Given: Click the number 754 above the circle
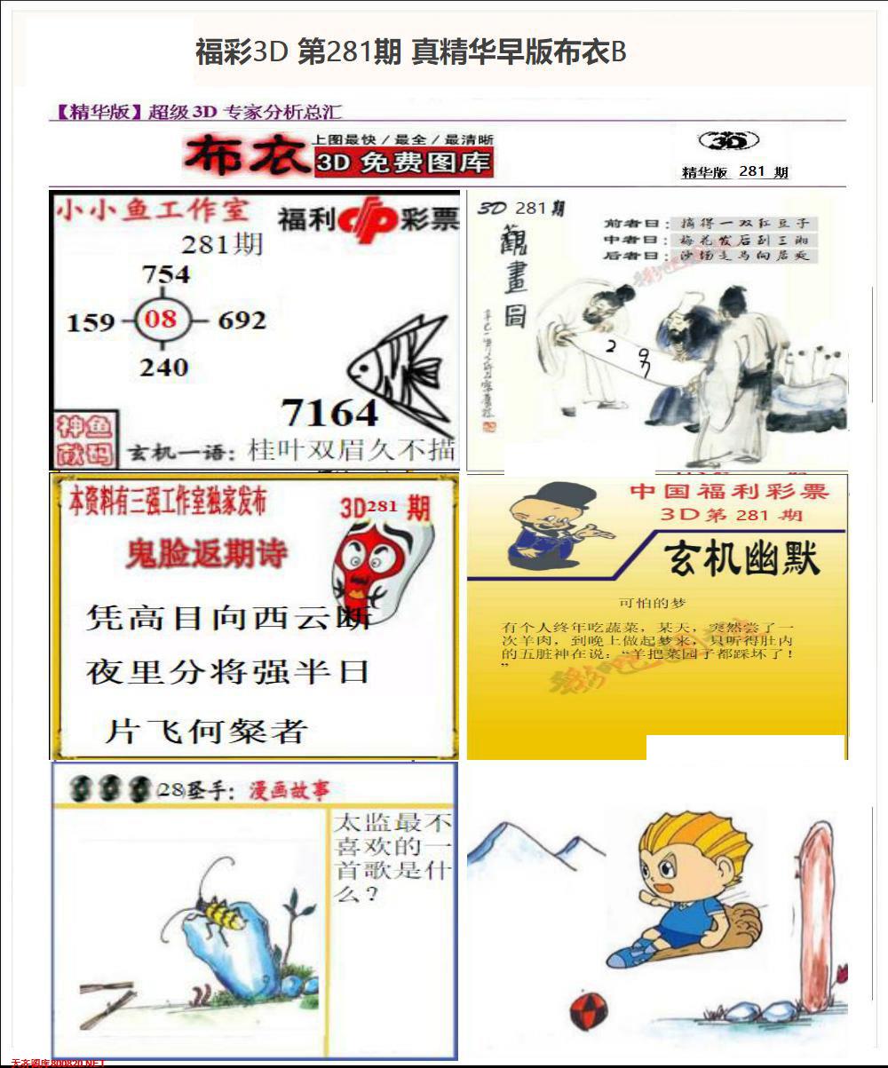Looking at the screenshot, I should [166, 274].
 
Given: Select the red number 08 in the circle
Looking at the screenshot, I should [161, 318].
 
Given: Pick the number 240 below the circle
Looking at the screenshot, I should [164, 366].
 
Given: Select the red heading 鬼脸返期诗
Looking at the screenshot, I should [207, 554].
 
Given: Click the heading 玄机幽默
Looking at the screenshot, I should [742, 559].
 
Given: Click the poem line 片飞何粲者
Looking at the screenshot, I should [206, 731].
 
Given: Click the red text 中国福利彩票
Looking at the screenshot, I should [729, 491].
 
